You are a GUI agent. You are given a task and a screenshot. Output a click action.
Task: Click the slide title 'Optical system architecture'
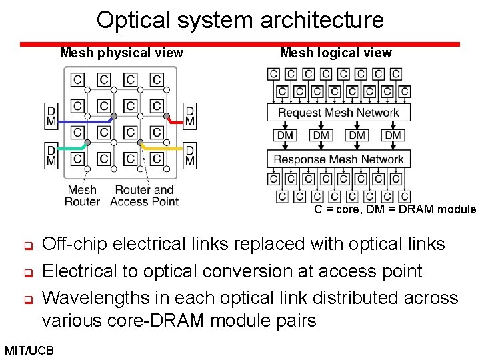240,20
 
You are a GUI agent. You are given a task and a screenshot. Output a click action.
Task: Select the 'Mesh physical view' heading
121,53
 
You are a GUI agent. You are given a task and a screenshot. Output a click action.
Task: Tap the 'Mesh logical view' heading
336,53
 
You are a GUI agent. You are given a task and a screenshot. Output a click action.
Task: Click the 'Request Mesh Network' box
338,112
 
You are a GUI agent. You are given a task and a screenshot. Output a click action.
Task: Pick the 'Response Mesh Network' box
338,159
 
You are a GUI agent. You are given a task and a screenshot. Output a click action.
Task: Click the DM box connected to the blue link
51,115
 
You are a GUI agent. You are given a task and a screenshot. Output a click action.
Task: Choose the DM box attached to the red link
190,115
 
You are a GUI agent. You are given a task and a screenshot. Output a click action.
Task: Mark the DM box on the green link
51,155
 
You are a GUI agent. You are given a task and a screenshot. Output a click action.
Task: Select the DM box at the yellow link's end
190,155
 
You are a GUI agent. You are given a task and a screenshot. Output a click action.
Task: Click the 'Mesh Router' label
82,195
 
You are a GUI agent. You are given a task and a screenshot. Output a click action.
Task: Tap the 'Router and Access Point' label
144,195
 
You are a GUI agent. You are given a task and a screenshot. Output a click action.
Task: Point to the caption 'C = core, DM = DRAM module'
395,209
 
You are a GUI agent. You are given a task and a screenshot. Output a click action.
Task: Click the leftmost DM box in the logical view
285,135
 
